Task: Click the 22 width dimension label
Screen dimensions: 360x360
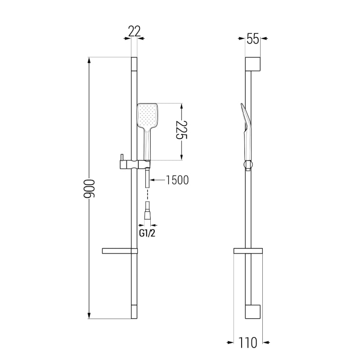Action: click(x=134, y=31)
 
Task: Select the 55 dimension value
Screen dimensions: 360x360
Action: click(x=253, y=38)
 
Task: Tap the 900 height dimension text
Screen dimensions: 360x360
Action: click(x=89, y=189)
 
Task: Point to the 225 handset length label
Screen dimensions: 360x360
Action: click(x=182, y=130)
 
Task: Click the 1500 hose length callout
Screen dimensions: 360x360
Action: click(x=177, y=180)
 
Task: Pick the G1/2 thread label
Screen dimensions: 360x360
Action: click(x=147, y=233)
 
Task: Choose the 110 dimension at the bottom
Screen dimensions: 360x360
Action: click(x=248, y=343)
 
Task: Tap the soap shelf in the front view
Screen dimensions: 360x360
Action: click(x=120, y=251)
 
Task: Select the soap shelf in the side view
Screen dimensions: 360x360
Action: click(x=248, y=251)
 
